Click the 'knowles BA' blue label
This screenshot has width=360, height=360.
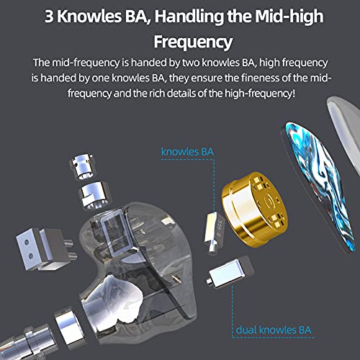point(187,152)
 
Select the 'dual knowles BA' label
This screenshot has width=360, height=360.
point(274,330)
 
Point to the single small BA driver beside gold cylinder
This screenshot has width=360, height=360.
point(215,232)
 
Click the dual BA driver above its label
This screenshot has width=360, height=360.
point(230,271)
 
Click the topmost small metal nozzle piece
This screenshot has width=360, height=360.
point(81,166)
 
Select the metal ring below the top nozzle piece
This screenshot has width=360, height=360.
point(96,195)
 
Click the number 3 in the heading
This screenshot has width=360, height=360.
point(49,17)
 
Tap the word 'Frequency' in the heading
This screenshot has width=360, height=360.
point(193,42)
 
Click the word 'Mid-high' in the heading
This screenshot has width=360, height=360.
point(289,17)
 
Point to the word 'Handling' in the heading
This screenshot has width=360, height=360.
point(189,17)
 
